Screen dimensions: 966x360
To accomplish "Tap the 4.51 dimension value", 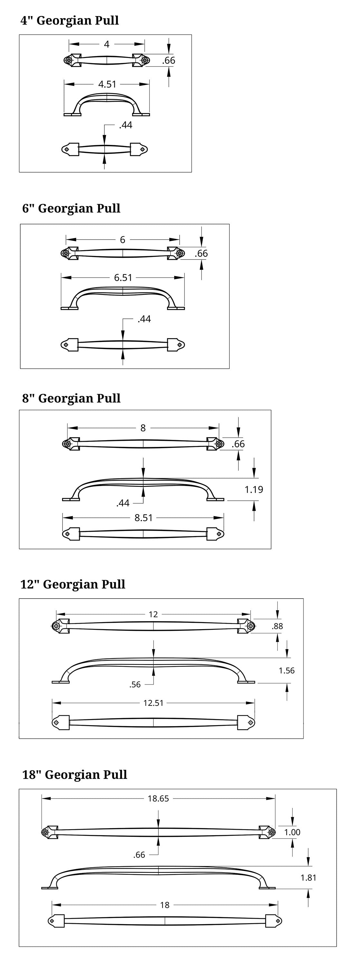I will point(107,84).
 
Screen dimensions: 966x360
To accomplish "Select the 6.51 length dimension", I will point(123,278).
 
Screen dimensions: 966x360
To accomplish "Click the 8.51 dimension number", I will point(144,518).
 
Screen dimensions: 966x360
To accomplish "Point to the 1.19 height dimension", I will point(254,489).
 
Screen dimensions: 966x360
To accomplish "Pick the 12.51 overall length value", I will point(153,703).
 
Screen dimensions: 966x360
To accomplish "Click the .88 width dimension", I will point(278,626).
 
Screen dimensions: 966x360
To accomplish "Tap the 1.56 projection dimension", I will point(287,670).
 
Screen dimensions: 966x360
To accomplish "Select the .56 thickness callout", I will point(135,685).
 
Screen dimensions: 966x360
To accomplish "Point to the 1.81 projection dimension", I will point(308,877).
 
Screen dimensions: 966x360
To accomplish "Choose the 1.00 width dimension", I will point(292,832).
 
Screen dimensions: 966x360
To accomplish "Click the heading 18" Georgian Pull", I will point(75,775).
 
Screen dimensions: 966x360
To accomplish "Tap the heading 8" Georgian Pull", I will point(71,398).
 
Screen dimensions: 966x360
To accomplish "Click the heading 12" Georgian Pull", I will point(73,584).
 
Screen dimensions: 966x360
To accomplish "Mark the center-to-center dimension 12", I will point(153,614).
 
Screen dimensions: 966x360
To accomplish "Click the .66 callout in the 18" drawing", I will point(139,855).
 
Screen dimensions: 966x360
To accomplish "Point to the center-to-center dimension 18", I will point(165,905).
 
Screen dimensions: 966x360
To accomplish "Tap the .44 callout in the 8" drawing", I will point(123,503).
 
